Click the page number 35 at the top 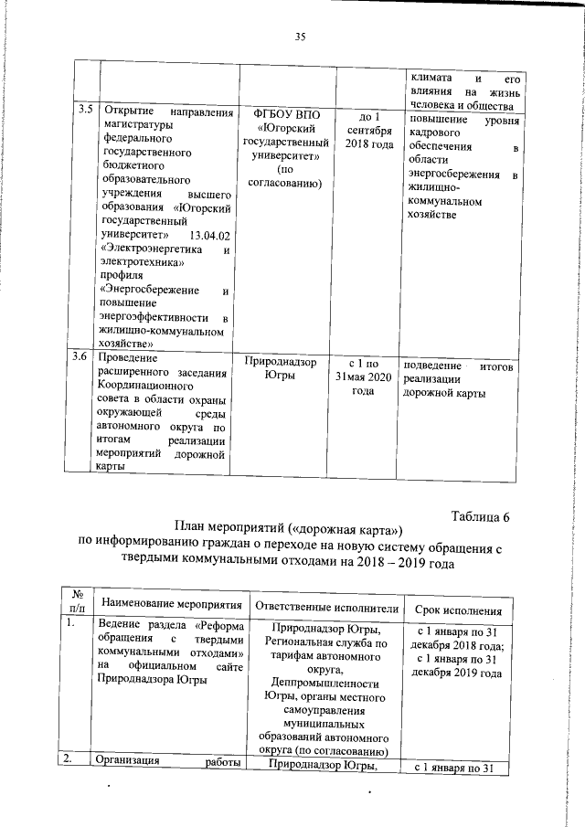tap(298, 37)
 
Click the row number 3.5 tap(84, 111)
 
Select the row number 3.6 tap(84, 364)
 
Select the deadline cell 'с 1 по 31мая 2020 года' tap(363, 377)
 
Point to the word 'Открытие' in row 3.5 tap(130, 111)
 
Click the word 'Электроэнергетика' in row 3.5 tap(151, 249)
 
